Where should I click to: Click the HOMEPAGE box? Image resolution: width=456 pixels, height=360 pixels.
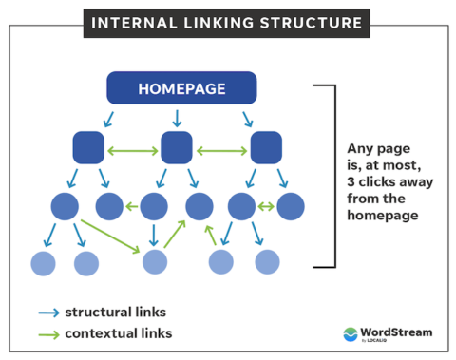(x=181, y=88)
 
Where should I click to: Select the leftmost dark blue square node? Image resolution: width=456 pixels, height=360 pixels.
(x=88, y=147)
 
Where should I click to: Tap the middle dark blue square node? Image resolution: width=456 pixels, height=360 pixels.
(x=177, y=147)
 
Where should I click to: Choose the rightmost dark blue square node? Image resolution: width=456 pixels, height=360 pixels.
(x=266, y=147)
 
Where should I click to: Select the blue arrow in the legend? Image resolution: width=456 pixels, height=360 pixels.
(x=48, y=313)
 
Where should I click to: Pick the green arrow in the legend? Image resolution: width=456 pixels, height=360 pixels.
(x=48, y=333)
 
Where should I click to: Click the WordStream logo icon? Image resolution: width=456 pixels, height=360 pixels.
(x=351, y=333)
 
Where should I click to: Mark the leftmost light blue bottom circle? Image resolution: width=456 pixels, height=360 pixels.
(x=44, y=262)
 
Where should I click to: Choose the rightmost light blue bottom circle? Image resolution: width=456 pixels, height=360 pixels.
(x=267, y=262)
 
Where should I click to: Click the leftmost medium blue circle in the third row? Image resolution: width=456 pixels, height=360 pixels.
(x=65, y=206)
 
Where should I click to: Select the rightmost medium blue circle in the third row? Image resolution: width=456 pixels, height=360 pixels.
(x=290, y=206)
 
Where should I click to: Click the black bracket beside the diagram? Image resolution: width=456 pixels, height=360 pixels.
(x=332, y=176)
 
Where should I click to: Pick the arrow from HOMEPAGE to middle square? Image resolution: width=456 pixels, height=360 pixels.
(x=177, y=118)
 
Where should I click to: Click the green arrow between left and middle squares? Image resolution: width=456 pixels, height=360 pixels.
(x=132, y=148)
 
